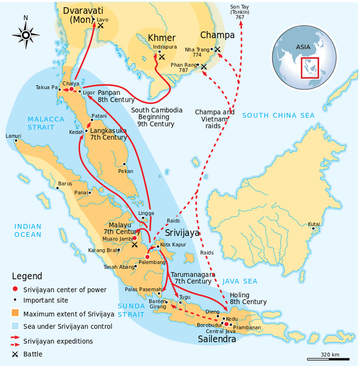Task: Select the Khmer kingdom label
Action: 161,37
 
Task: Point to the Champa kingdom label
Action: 217,35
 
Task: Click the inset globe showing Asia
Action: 303,55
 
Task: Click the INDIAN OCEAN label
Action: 28,230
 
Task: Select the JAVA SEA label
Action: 240,280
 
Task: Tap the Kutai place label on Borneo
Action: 314,224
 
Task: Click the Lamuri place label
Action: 13,136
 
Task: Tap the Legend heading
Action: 27,276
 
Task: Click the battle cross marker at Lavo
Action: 100,26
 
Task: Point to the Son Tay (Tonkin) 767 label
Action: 240,13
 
